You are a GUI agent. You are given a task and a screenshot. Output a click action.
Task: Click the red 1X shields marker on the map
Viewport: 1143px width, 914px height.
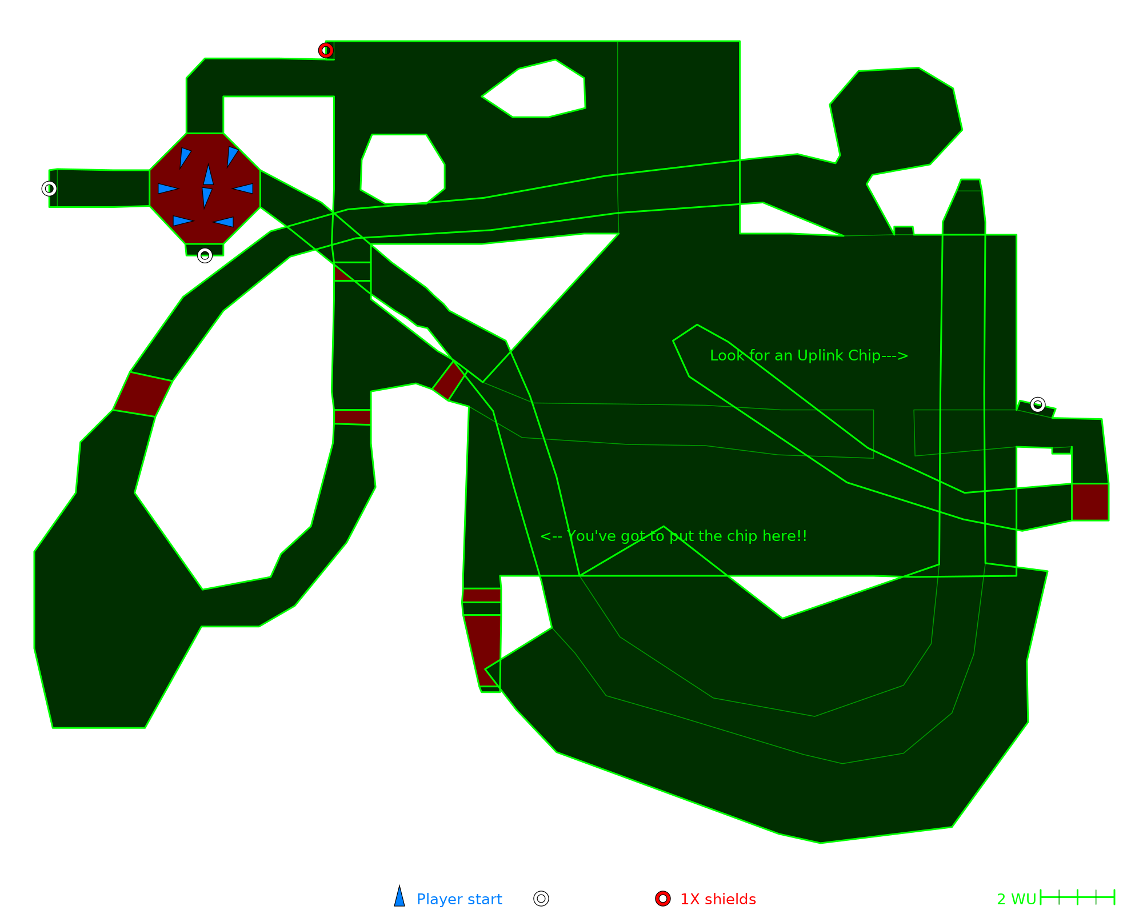(x=326, y=50)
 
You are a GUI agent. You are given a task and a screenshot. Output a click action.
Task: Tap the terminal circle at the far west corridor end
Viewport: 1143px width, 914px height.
(x=49, y=189)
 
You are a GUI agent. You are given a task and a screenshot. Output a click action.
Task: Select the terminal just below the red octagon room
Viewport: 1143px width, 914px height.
(x=205, y=255)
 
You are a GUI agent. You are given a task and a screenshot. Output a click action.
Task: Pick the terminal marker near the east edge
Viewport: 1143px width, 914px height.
(x=1038, y=404)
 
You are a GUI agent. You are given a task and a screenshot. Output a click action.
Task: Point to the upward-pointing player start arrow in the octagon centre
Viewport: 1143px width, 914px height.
(x=209, y=175)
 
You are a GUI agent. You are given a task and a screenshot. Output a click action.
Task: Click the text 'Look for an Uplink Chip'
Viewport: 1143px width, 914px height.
(x=809, y=355)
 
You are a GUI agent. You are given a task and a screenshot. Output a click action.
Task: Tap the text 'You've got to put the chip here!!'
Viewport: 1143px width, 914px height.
(x=674, y=536)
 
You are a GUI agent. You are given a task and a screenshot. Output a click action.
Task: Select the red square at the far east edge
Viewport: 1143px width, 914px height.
(x=1090, y=502)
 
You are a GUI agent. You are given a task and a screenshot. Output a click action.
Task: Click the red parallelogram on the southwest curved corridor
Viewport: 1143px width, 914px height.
(x=143, y=394)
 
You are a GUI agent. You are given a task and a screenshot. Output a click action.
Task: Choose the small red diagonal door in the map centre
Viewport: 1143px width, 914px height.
(x=449, y=380)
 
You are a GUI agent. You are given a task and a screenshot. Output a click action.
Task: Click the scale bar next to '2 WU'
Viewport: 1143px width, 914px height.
(x=1077, y=897)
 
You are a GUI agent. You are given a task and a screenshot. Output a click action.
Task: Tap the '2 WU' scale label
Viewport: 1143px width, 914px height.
(x=1016, y=899)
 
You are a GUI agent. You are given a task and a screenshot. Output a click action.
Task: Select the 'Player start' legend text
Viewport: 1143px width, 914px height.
(x=459, y=899)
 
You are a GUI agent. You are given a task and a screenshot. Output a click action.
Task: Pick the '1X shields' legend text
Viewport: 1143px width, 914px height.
(x=718, y=899)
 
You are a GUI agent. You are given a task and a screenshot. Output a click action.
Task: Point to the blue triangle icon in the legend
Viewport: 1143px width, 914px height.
(x=399, y=897)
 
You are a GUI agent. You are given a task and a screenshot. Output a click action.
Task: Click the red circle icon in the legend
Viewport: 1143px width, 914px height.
(x=663, y=899)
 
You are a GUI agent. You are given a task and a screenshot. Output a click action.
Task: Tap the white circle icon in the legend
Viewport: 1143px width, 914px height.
(x=541, y=899)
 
